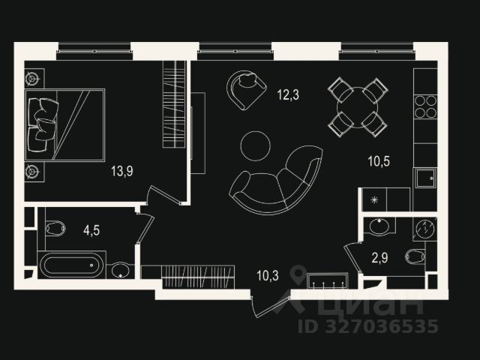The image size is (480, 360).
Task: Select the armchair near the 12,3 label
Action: pos(246,88)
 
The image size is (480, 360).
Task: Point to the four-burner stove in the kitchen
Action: pos(426,106)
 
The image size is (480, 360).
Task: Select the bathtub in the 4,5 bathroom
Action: pos(73,265)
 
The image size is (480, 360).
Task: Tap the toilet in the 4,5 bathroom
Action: pos(55,228)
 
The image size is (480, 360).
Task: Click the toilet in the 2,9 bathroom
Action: pos(416,257)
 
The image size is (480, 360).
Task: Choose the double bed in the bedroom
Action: pos(65,124)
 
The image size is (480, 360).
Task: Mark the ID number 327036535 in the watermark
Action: pos(367,325)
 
